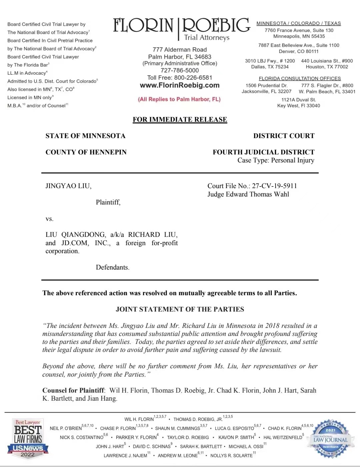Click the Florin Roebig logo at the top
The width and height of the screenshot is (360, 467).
coord(181,29)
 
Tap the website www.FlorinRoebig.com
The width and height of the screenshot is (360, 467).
coord(180,85)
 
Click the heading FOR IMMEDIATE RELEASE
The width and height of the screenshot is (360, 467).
coord(180,119)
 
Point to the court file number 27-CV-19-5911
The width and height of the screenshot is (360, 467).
coord(274,186)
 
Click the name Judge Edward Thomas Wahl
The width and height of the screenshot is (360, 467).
coord(248,194)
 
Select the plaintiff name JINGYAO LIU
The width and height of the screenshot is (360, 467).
coord(68,186)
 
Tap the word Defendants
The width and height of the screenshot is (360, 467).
coord(112,267)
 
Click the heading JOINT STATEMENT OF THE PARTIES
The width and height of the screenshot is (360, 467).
coord(180,309)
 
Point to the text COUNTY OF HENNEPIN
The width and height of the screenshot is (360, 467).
coord(86,152)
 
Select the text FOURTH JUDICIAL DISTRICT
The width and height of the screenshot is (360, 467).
coord(263,152)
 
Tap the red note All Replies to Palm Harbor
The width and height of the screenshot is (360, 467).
coord(179,99)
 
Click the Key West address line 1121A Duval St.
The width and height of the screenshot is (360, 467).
coord(298,100)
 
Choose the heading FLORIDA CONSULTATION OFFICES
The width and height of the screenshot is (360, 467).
coord(300,78)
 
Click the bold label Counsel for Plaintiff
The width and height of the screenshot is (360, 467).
coord(73,390)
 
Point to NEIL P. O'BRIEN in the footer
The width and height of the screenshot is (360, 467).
coord(66,428)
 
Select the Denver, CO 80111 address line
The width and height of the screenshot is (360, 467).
coord(298,51)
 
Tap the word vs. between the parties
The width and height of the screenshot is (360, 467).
coord(49,219)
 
